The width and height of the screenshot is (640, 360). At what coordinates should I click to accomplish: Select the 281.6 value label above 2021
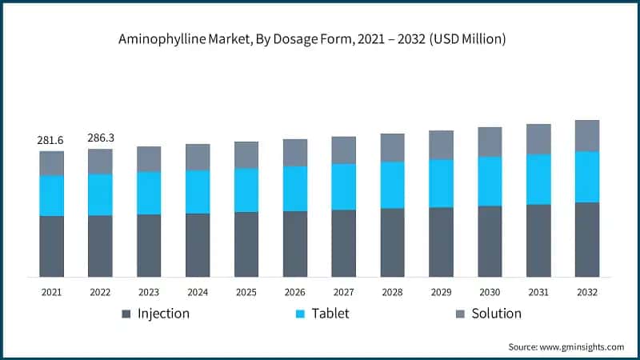51,141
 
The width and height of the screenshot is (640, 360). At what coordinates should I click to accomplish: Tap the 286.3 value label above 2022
100,138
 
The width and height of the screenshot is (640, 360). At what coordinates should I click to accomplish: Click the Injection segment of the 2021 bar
51,246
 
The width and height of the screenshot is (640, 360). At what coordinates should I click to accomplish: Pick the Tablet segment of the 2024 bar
198,192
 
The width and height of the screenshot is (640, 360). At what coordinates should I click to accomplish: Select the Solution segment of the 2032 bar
587,136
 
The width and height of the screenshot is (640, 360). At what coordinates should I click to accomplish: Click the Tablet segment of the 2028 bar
393,186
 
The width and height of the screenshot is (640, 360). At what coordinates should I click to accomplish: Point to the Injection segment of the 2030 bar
490,242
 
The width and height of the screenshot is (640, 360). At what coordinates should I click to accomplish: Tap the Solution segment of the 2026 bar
295,153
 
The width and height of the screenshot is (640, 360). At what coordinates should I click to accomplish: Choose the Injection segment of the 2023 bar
149,246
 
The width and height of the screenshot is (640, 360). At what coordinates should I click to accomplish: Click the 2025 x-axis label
246,293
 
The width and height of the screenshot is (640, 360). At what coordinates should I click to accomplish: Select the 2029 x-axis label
441,293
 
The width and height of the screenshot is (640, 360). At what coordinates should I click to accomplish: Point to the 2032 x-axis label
587,293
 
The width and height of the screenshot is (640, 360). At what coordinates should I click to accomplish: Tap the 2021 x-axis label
51,293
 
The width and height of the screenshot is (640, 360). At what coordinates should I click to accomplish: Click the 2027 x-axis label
344,293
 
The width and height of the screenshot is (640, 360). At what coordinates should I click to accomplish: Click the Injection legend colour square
126,314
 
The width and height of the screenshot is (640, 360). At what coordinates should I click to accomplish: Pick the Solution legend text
496,314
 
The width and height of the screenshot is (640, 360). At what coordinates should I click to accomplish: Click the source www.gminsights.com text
566,346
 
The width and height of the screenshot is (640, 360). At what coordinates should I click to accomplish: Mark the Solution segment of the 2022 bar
100,162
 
